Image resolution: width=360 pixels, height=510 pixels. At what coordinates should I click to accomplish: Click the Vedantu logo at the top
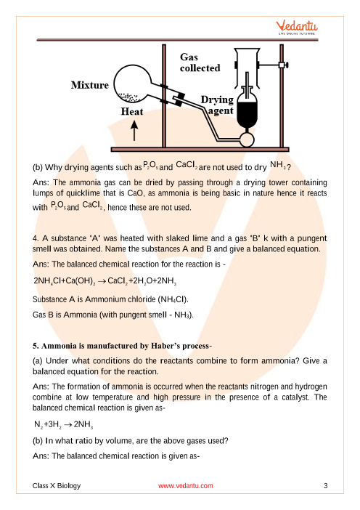click(x=297, y=28)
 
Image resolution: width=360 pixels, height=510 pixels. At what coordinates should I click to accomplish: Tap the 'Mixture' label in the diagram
click(x=90, y=85)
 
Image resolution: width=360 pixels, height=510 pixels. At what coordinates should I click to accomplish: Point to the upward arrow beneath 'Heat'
click(x=134, y=130)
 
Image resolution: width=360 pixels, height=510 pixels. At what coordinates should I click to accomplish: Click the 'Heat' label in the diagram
click(x=132, y=112)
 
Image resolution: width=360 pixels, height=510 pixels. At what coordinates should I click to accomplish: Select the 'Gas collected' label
click(x=200, y=62)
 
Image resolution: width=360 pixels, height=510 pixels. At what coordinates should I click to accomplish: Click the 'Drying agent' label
click(x=217, y=105)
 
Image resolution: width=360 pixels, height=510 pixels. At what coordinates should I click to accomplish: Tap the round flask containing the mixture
click(x=132, y=83)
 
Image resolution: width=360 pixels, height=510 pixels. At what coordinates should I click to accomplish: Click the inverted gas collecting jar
click(x=247, y=68)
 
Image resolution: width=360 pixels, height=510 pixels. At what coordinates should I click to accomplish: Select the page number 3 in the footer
click(x=326, y=485)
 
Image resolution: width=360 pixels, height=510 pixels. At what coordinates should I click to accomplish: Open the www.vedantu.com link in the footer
click(x=186, y=485)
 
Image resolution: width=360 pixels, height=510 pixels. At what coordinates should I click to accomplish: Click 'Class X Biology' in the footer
click(x=57, y=485)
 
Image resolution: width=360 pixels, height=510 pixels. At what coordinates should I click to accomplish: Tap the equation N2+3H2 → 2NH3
click(x=64, y=424)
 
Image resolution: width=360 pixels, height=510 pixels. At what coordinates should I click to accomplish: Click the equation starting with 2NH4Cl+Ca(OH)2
click(x=105, y=281)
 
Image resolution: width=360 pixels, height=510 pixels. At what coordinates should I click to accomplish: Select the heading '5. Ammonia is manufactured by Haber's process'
click(x=122, y=346)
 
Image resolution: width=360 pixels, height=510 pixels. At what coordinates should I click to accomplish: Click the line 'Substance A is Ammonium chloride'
click(x=110, y=299)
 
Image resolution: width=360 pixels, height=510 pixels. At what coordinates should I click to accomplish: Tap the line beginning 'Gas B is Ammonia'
click(x=113, y=315)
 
